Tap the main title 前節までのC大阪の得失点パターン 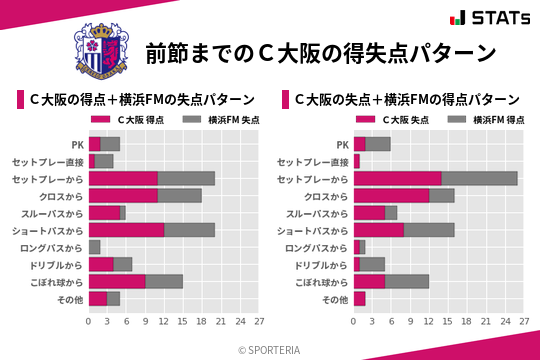tap(320, 53)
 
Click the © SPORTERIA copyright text tap(270, 349)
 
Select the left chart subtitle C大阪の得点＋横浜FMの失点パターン tap(140, 100)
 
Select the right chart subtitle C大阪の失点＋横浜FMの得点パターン tap(406, 100)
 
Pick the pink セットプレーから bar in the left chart tap(123, 178)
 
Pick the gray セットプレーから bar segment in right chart tap(479, 178)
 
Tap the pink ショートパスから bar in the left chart tap(126, 229)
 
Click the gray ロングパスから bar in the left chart tap(95, 246)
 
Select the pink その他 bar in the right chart tap(360, 298)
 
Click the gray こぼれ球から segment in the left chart tap(164, 281)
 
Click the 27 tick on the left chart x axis tap(259, 322)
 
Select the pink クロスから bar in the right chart tap(391, 195)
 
